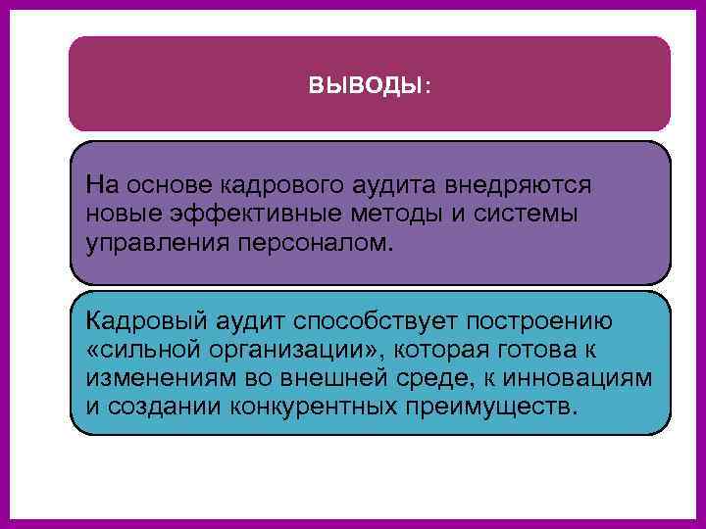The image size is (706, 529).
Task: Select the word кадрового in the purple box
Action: point(272,184)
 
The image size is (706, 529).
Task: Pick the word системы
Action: point(522,213)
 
